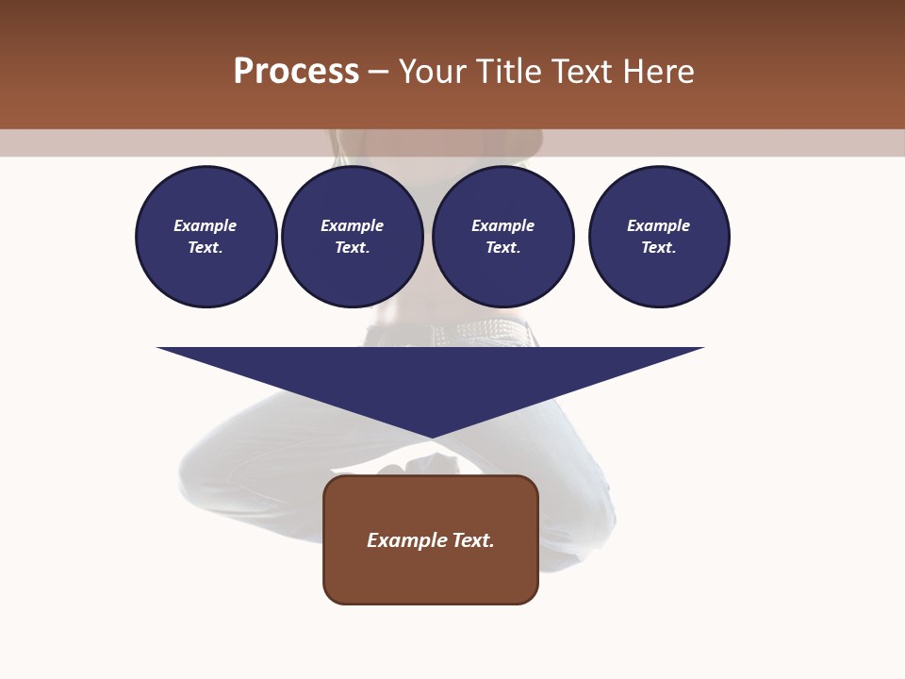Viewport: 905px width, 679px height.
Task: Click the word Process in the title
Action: coord(296,71)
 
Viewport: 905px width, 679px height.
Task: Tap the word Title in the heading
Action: coord(509,71)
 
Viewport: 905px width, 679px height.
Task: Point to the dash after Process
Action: coord(378,72)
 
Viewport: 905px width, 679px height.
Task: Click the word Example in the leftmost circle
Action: coord(206,225)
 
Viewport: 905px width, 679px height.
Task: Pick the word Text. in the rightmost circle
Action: coord(658,247)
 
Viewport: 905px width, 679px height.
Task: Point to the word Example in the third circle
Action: coord(502,225)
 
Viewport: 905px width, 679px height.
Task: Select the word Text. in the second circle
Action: coord(352,247)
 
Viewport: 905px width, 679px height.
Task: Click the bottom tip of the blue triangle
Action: coord(432,437)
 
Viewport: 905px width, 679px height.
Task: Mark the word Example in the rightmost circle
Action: coord(658,225)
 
